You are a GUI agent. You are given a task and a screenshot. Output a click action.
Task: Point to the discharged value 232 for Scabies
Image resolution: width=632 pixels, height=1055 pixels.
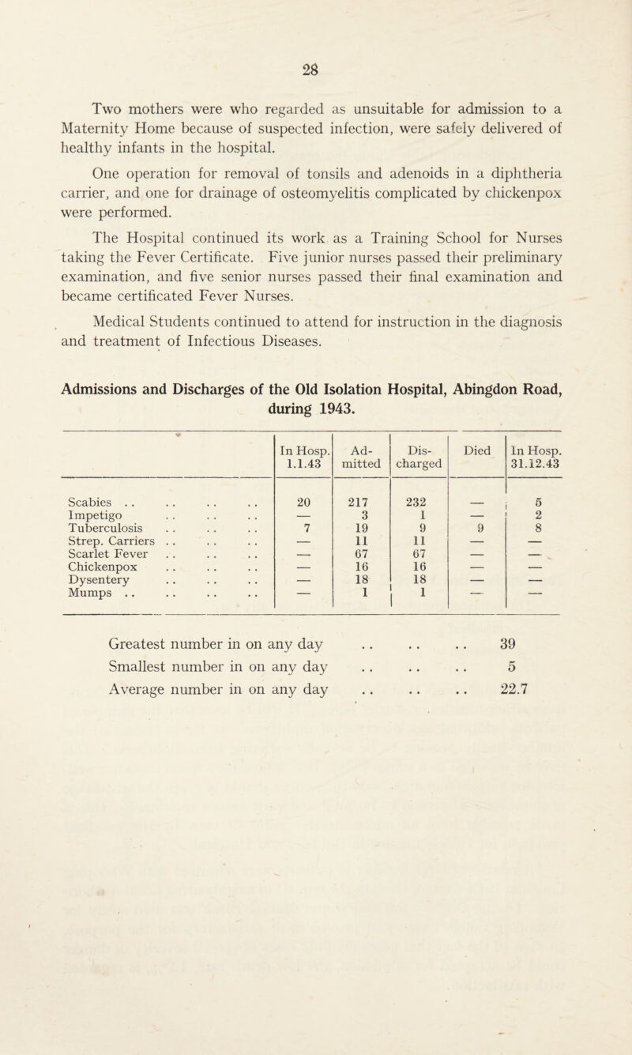(x=419, y=504)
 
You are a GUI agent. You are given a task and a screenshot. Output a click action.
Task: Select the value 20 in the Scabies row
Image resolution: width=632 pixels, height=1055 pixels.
(x=303, y=504)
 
